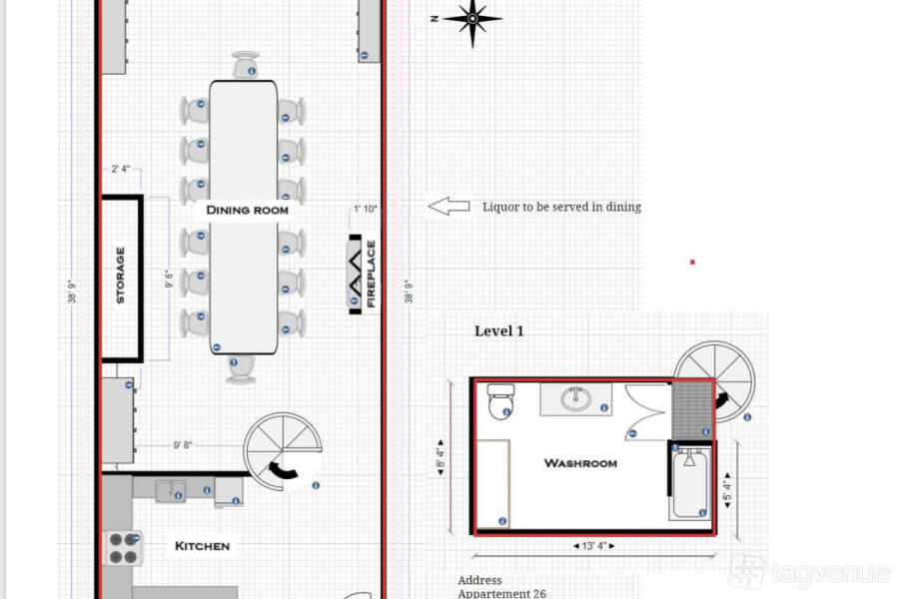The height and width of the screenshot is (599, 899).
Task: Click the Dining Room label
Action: point(247,210)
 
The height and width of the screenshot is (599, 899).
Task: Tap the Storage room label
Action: point(121,275)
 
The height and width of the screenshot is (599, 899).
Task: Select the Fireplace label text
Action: point(371,274)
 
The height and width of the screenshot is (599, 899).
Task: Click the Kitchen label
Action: point(202,546)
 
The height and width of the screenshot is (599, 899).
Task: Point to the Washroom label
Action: point(580,462)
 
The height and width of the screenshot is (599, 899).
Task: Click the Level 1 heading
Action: point(498,330)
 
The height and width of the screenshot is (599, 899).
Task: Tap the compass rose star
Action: point(472,19)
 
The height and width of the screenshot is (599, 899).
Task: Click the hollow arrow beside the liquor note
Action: point(449,207)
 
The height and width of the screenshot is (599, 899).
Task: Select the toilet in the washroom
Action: point(500,400)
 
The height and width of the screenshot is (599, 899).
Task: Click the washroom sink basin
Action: point(575,398)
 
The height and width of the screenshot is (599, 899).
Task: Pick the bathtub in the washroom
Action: point(690,483)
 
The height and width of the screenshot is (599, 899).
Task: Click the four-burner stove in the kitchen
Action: point(123,548)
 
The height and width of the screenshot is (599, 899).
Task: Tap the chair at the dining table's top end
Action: point(246,65)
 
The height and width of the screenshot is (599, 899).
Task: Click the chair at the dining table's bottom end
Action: point(242,368)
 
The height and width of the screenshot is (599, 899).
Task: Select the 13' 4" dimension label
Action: point(594,546)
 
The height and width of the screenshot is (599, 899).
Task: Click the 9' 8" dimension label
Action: point(183,445)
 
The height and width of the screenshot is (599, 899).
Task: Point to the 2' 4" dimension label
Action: point(121,169)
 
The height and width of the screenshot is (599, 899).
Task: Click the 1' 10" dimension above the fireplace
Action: point(366,209)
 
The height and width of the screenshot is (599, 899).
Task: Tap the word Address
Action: point(479,580)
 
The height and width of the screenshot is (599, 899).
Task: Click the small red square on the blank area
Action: point(692,262)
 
